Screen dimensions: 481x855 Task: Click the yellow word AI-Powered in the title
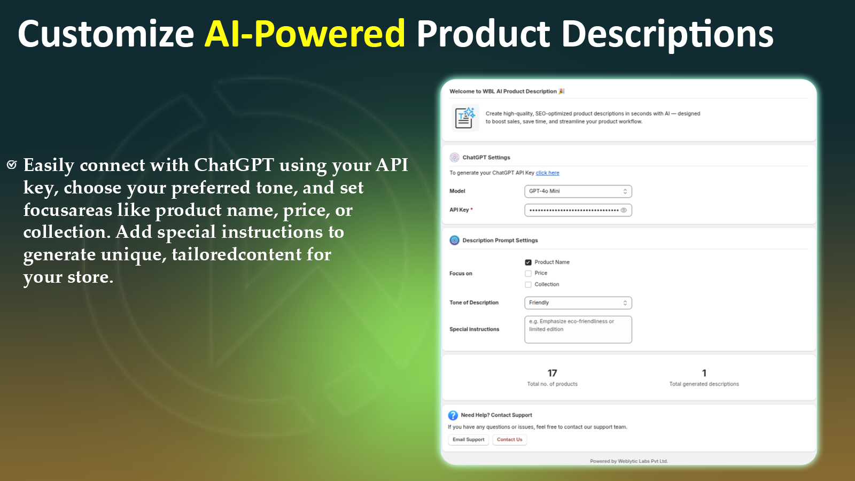[x=305, y=34]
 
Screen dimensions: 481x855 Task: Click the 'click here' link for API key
[x=547, y=173]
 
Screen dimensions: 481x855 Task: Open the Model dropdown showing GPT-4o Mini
[x=578, y=191]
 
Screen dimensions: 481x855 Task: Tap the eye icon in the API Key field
[x=624, y=210]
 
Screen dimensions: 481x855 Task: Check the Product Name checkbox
[x=528, y=262]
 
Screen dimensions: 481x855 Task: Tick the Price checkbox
[x=528, y=273]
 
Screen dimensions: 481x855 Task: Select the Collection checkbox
[x=528, y=285]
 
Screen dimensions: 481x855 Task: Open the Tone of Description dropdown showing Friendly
[x=578, y=303]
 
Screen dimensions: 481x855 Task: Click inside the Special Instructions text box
[x=578, y=329]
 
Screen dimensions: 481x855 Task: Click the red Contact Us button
[x=509, y=440]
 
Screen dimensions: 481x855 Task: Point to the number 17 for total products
[x=552, y=373]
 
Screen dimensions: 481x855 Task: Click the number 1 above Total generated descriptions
[x=704, y=373]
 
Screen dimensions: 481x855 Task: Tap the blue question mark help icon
[x=453, y=415]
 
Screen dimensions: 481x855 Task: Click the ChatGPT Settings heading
[x=486, y=158]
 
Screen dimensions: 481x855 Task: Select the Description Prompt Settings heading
[x=500, y=241]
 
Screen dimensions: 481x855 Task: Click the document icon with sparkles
[x=464, y=118]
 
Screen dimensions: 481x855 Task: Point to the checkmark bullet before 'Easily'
[x=12, y=165]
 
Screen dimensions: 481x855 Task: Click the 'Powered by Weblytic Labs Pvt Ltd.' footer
[x=628, y=461]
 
